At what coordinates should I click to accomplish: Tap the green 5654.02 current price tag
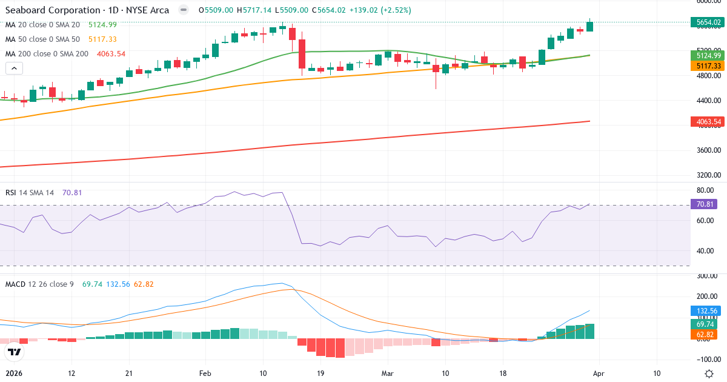click(708, 22)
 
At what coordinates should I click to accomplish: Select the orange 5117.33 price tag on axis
click(708, 65)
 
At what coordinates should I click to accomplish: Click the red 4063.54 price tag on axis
click(708, 122)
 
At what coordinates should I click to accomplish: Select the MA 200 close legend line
click(47, 53)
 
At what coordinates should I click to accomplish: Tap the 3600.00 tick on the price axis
click(708, 150)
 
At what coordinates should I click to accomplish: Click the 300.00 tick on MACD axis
click(706, 276)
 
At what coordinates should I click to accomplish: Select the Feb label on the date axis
click(205, 374)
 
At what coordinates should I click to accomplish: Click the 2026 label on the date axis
click(14, 374)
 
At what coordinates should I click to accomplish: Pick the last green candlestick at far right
click(589, 26)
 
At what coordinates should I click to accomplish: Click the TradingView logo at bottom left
click(15, 352)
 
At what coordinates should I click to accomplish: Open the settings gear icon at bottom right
click(709, 374)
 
